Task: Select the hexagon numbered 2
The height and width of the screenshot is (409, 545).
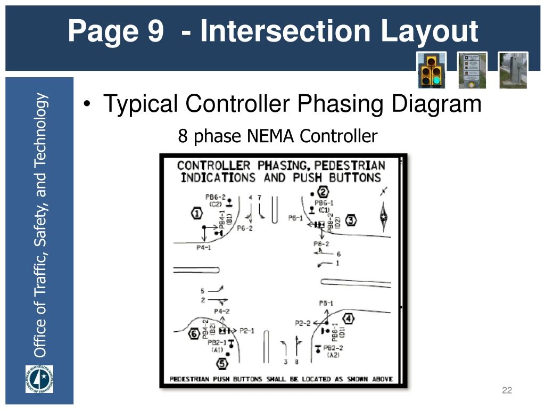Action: coord(323,192)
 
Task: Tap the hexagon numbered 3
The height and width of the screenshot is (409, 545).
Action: coord(351,220)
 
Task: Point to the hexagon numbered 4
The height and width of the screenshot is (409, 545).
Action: coord(348,319)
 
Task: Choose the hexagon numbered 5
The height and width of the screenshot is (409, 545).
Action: coord(222,364)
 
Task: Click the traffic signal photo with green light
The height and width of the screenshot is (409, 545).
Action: coord(431,70)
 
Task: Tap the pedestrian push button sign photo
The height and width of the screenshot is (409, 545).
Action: coord(472,70)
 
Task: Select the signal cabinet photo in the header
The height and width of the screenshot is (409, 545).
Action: coord(513,70)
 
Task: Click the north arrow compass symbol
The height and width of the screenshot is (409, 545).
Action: coord(383,213)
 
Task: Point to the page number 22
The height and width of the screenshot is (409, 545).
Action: coord(507,391)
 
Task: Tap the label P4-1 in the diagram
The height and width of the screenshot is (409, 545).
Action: coord(203,248)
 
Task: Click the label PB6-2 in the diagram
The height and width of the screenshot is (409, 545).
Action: coord(216,197)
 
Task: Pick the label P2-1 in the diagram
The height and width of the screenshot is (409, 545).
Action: coord(246,331)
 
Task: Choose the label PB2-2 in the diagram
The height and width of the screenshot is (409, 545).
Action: coord(334,348)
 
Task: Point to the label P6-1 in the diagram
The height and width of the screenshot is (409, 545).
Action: coord(295,218)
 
